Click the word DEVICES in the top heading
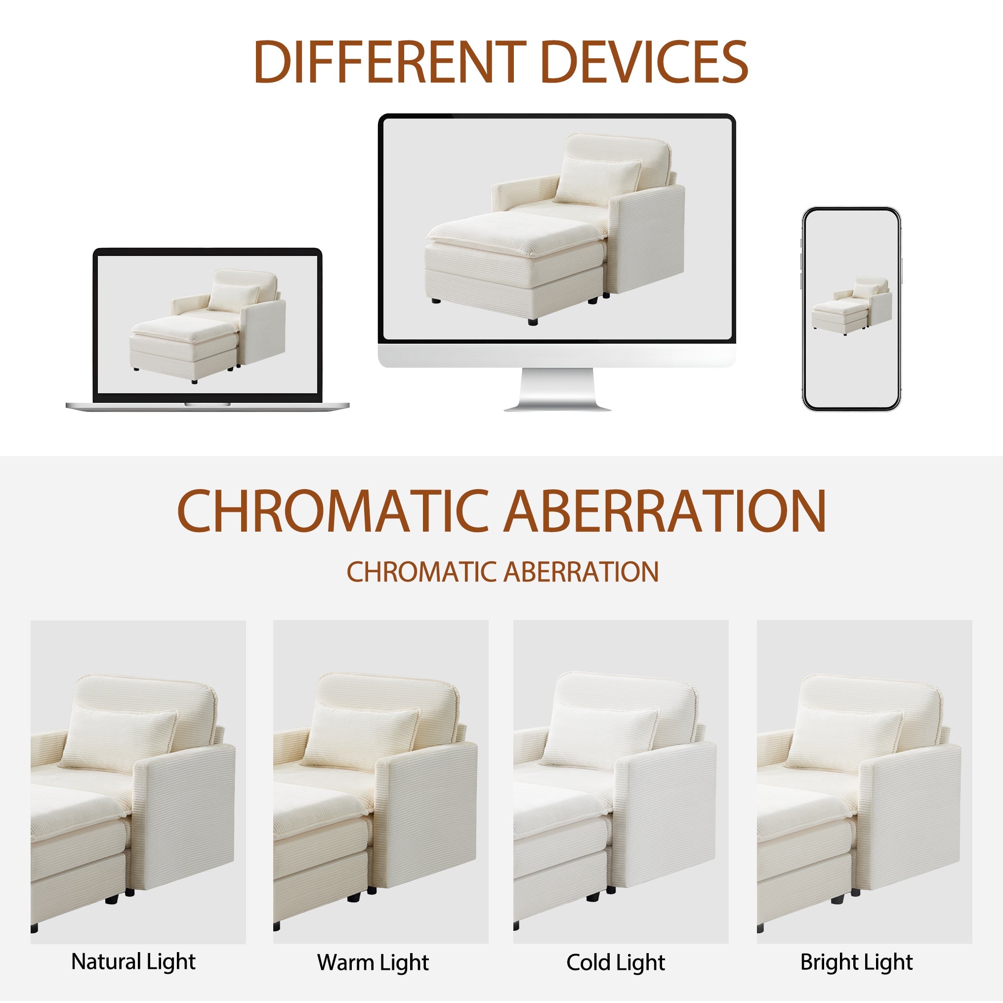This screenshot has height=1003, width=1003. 644,62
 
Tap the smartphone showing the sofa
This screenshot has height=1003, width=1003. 851,309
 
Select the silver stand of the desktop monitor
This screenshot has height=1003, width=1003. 557,389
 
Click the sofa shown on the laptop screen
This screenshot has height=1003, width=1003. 208,326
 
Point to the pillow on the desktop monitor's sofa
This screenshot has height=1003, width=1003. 597,181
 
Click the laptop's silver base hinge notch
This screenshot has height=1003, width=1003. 208,404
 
